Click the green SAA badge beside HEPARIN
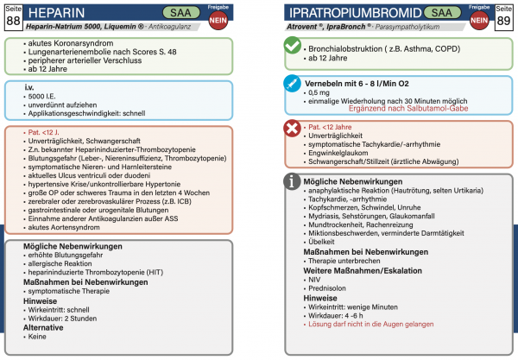pyautogui.click(x=160, y=13)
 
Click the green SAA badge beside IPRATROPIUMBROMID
pyautogui.click(x=429, y=13)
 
